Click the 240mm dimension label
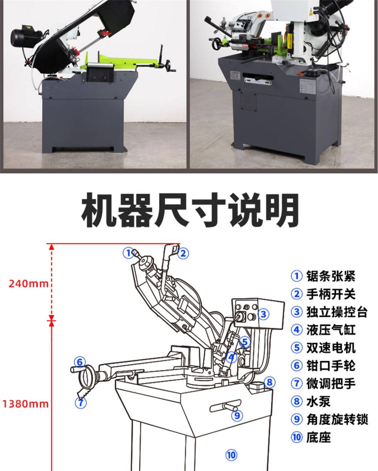pos(29,284)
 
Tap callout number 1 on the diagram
pos(128,253)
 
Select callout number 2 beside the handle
pos(183,253)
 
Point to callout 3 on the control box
pos(264,314)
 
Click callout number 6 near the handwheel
pos(79,362)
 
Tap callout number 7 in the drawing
pos(81,402)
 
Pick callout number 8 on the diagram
pos(270,382)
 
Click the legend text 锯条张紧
pos(331,276)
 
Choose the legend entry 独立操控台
pos(337,312)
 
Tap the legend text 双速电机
pos(331,348)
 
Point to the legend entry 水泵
pos(318,402)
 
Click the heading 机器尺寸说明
pos(190,210)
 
